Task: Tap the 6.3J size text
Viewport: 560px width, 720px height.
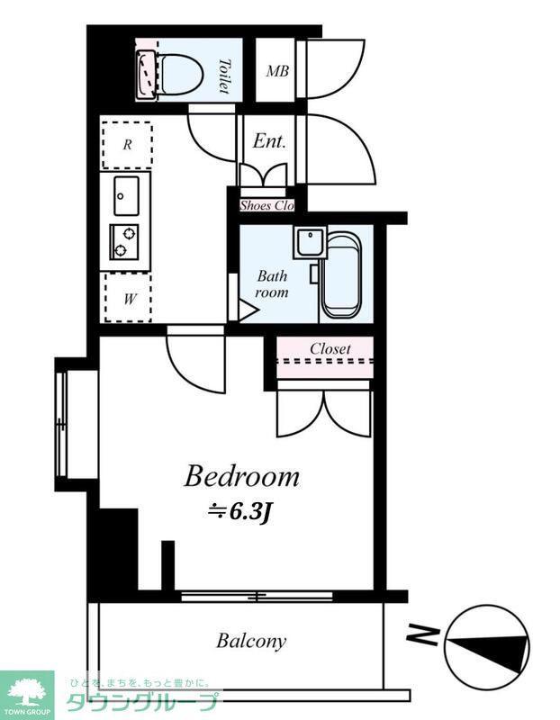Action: (x=240, y=512)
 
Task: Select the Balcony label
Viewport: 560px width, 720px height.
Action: (x=251, y=641)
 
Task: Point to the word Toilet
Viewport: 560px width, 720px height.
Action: (x=224, y=76)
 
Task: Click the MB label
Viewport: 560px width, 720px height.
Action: (x=277, y=71)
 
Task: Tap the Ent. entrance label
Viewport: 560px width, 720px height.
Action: (x=269, y=141)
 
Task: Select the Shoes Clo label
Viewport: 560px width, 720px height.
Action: (x=266, y=205)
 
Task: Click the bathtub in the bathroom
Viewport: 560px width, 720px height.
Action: (x=340, y=274)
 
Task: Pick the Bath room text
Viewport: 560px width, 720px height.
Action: (x=272, y=284)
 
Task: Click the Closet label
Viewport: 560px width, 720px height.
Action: (x=330, y=348)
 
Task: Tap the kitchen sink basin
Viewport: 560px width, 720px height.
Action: (x=126, y=195)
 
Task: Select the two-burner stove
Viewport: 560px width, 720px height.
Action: (x=124, y=242)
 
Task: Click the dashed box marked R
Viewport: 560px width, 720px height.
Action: (x=127, y=145)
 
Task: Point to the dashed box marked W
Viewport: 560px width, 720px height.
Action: (x=128, y=299)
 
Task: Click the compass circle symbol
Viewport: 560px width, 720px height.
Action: (x=487, y=644)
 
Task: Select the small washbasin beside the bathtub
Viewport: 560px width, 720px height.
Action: (x=310, y=242)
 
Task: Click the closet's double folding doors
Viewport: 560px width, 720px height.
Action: (x=324, y=413)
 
